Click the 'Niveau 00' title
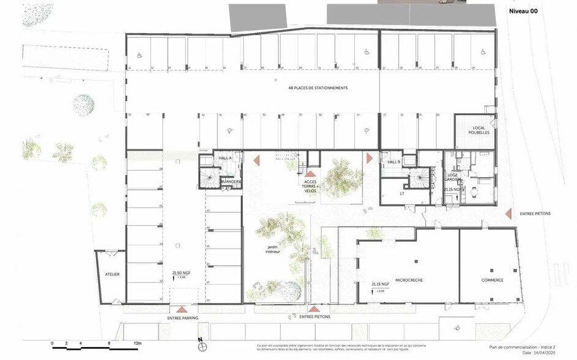click(x=523, y=10)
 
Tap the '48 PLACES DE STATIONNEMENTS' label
click(x=318, y=88)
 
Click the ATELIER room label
click(x=111, y=274)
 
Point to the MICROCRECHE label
click(x=404, y=279)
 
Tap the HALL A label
click(x=225, y=158)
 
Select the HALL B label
click(x=393, y=162)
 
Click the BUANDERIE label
click(x=231, y=181)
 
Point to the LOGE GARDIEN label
click(x=453, y=178)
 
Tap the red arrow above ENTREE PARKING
click(x=181, y=310)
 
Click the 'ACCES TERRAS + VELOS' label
click(x=310, y=186)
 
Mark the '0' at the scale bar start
click(x=52, y=343)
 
